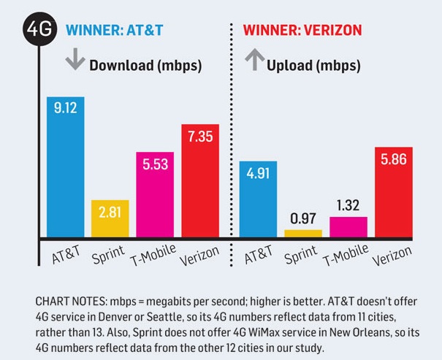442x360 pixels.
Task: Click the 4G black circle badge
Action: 40,31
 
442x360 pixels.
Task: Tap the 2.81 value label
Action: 110,212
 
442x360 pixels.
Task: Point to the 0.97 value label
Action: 302,219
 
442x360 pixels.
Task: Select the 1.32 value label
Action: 348,205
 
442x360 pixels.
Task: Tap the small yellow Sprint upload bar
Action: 302,233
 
